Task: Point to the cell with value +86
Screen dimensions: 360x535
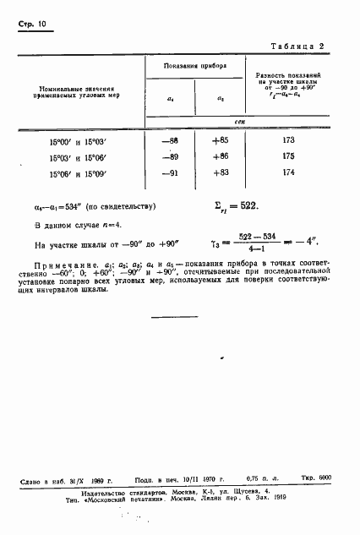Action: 221,157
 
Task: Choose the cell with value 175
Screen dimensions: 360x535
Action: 288,157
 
